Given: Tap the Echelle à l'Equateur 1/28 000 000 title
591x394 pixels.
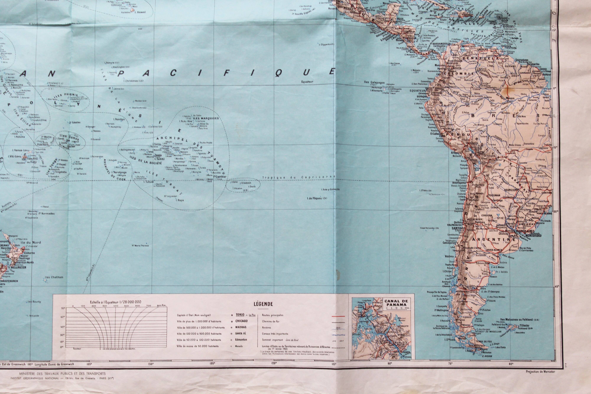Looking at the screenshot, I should click(x=115, y=302).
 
